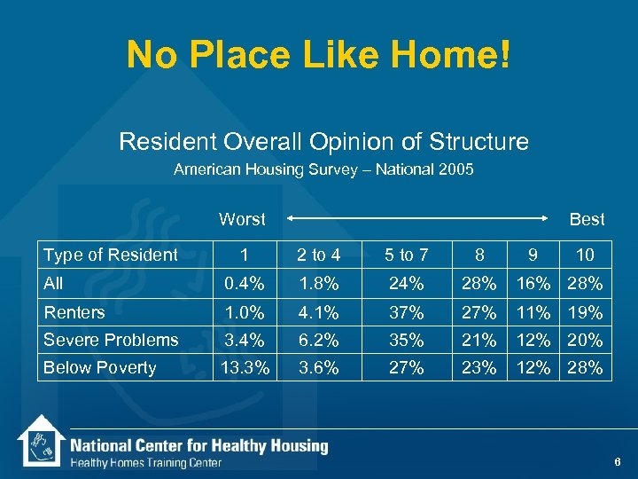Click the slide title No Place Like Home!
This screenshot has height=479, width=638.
[319, 55]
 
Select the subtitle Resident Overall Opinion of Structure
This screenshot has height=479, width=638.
[323, 141]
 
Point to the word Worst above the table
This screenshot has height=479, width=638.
[242, 219]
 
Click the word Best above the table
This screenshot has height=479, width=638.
[587, 219]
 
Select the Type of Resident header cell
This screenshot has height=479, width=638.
[111, 255]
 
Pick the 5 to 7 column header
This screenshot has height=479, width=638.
[407, 255]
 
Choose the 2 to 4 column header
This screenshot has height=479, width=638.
[319, 255]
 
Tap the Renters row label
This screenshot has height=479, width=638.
[74, 312]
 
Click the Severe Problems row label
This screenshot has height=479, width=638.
[111, 340]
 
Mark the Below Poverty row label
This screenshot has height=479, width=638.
[99, 368]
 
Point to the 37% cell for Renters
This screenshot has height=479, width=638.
[407, 312]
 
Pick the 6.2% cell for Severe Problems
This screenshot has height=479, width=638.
[319, 340]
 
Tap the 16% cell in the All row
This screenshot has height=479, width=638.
[532, 284]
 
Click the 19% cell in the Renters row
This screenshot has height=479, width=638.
[585, 312]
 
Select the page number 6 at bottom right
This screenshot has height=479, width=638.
[617, 462]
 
